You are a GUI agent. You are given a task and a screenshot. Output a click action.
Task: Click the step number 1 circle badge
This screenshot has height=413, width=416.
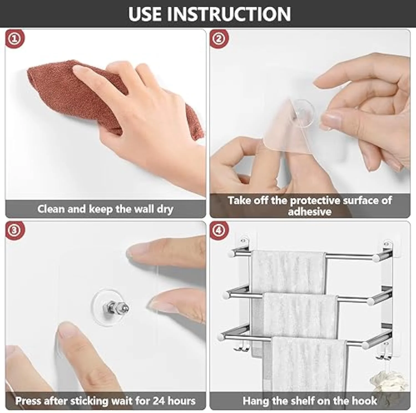pyautogui.click(x=15, y=39)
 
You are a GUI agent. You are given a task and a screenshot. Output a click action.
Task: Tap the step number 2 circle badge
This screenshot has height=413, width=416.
pyautogui.click(x=219, y=39)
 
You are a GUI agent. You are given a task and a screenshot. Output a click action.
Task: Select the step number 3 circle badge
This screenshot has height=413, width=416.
pyautogui.click(x=15, y=230)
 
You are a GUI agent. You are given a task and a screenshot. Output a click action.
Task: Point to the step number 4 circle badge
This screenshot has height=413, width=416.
pyautogui.click(x=219, y=230)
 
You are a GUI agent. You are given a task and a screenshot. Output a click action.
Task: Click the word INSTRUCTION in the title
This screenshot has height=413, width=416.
pyautogui.click(x=229, y=14)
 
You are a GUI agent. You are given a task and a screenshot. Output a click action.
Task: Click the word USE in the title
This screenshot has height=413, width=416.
pyautogui.click(x=145, y=14)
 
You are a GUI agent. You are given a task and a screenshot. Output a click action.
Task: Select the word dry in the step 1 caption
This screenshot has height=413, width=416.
pyautogui.click(x=165, y=209)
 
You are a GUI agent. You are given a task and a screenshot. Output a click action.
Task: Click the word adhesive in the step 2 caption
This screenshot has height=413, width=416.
pyautogui.click(x=310, y=212)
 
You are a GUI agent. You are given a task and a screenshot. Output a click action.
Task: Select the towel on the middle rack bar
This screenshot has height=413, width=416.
pyautogui.click(x=301, y=313)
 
